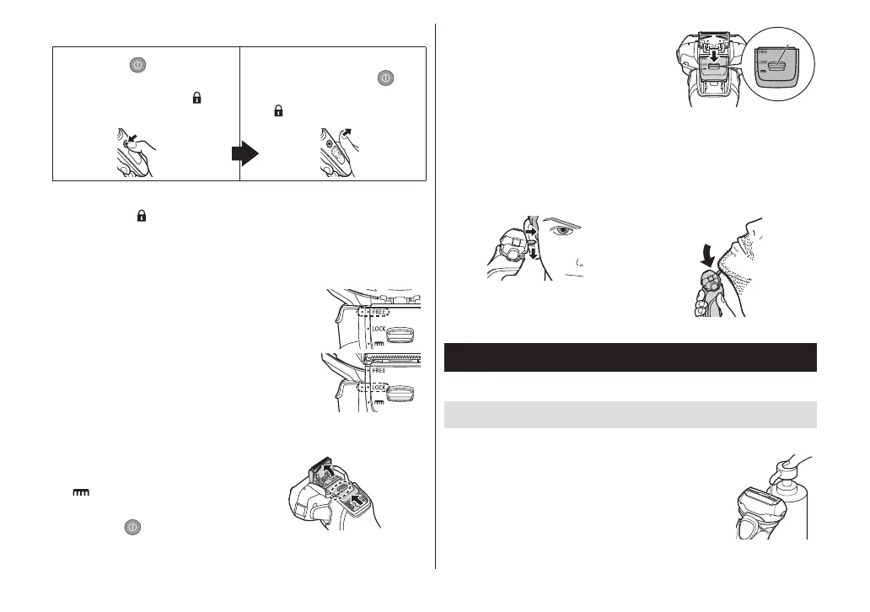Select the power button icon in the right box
click(386, 78)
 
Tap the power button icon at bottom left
click(133, 527)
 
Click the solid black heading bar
click(630, 357)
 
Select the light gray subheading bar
click(630, 414)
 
